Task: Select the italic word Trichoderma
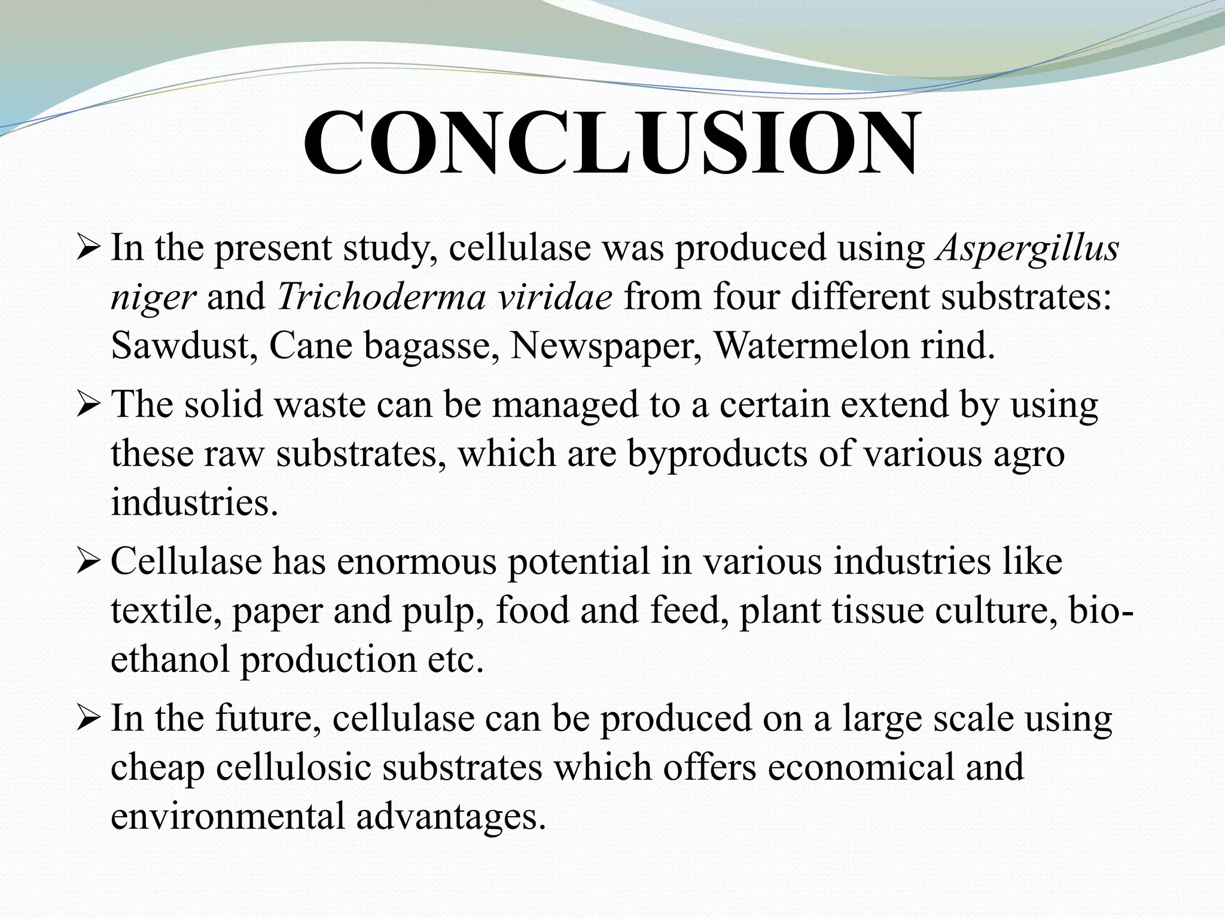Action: tap(380, 297)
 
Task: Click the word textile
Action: tap(164, 611)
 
